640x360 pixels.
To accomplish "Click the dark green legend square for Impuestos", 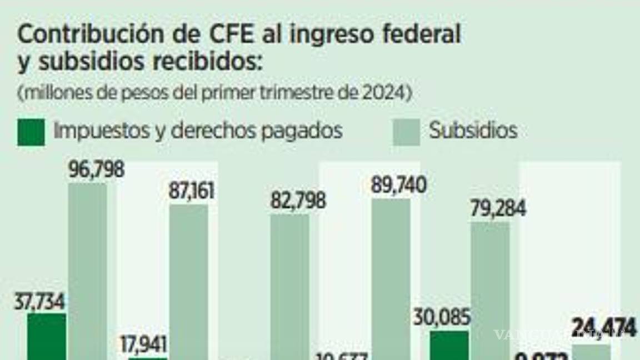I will pos(31,132).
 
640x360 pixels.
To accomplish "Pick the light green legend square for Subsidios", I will pos(406,132).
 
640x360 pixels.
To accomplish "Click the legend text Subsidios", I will pos(473,131).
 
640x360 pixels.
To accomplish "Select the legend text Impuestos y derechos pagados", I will pos(198,131).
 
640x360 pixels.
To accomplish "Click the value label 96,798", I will pos(96,169).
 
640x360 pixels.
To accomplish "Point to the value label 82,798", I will pos(298,201).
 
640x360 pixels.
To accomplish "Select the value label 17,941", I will pos(143,344).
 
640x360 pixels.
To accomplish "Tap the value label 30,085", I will pos(442,318).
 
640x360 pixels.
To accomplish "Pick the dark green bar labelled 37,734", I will pos(47,337).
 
